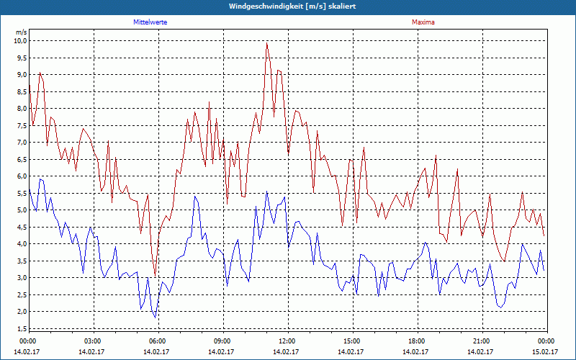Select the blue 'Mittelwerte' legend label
tap(150, 22)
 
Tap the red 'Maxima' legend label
tap(423, 22)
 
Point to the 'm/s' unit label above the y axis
tap(21, 32)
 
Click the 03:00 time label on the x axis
tap(93, 341)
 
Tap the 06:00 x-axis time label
tap(158, 341)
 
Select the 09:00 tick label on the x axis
tap(222, 341)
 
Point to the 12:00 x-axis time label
tap(287, 341)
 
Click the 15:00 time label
tap(352, 341)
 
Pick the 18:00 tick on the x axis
tap(417, 341)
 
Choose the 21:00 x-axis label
tap(482, 341)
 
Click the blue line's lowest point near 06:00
tap(155, 318)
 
